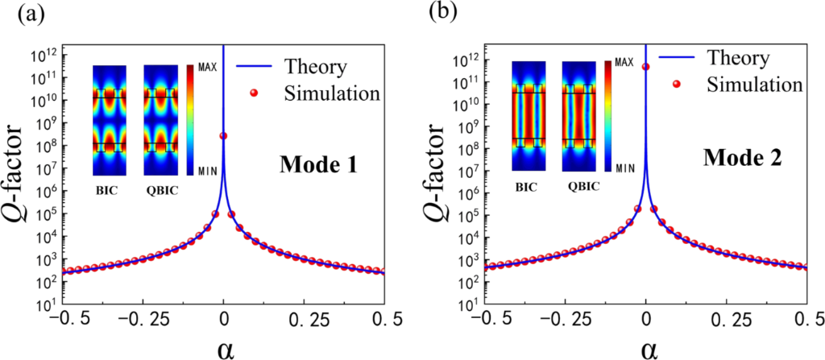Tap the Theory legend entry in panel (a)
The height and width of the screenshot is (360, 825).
pos(314,68)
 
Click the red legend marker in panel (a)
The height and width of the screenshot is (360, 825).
pos(254,93)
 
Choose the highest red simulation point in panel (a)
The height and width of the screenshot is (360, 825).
pos(223,136)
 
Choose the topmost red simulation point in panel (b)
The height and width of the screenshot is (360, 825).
pos(645,67)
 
